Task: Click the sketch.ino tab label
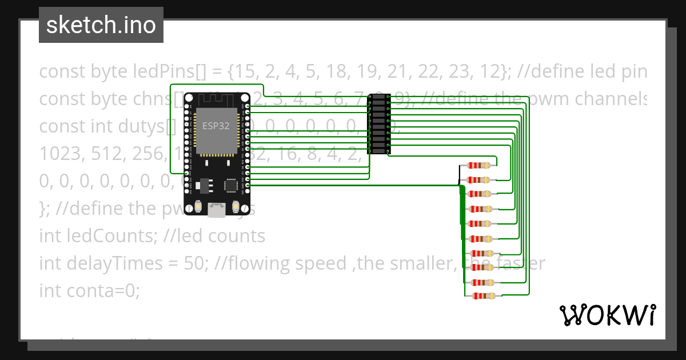pyautogui.click(x=101, y=25)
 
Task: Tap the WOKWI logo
pyautogui.click(x=607, y=315)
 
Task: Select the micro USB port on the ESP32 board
pyautogui.click(x=217, y=210)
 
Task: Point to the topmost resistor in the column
pyautogui.click(x=479, y=166)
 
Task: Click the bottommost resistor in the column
pyautogui.click(x=483, y=296)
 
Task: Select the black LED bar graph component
pyautogui.click(x=378, y=124)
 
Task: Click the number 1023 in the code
pyautogui.click(x=60, y=154)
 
